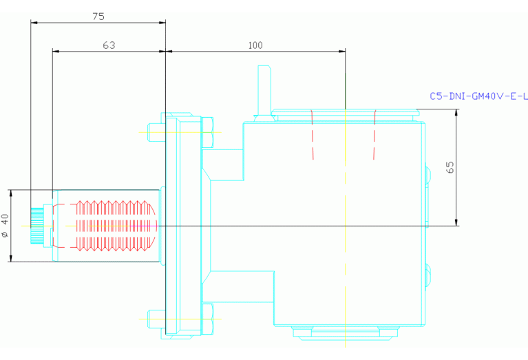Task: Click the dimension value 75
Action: click(x=98, y=16)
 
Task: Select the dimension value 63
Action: click(x=109, y=45)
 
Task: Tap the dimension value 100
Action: click(x=255, y=45)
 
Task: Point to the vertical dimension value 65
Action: click(x=450, y=167)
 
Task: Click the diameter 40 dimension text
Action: click(x=5, y=225)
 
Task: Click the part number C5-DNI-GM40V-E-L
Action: click(x=478, y=96)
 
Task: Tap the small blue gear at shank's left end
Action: click(x=37, y=226)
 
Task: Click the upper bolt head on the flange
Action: click(x=207, y=132)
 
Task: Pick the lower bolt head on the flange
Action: click(x=207, y=319)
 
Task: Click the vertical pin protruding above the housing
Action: click(x=264, y=91)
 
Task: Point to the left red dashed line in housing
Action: click(x=312, y=134)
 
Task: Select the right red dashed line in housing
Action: click(x=374, y=134)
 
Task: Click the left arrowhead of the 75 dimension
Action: click(x=34, y=23)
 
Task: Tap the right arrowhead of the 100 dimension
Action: click(x=342, y=51)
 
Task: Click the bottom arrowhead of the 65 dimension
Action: click(x=456, y=222)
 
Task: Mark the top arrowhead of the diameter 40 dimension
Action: click(x=11, y=193)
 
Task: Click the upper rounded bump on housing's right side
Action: click(x=427, y=174)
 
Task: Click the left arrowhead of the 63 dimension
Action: click(x=56, y=51)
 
